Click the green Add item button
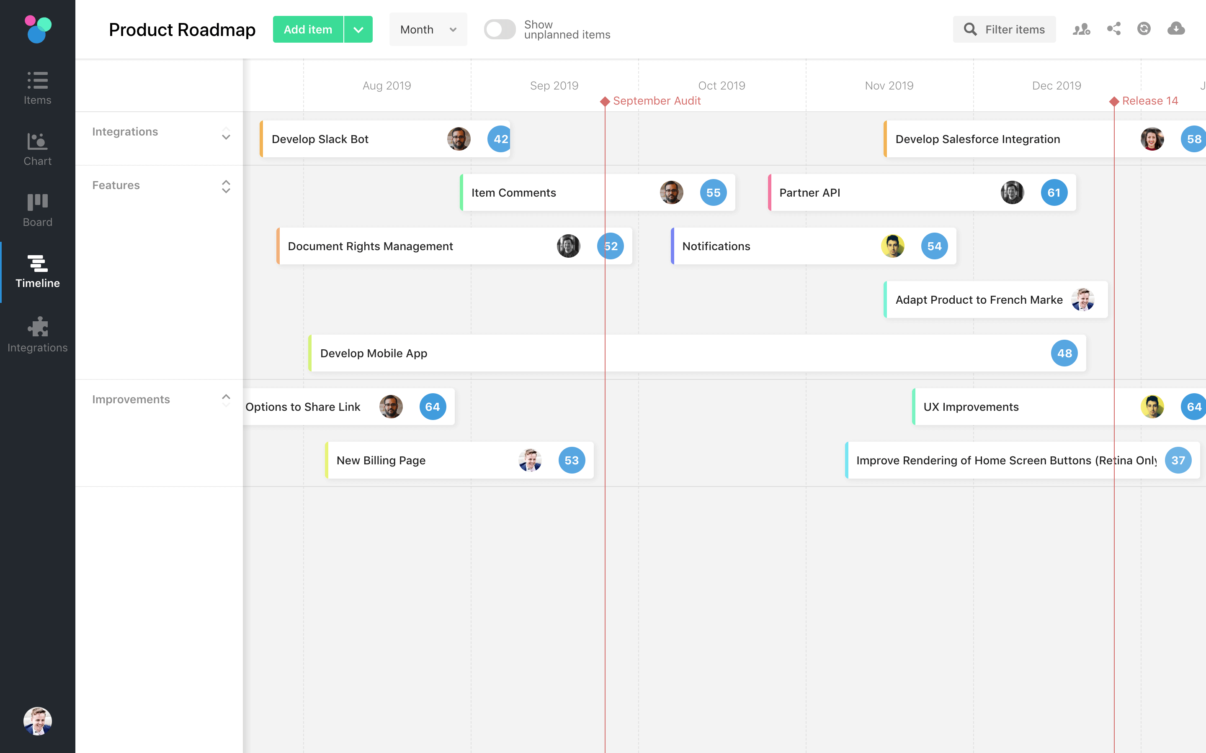[308, 29]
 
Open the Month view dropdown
[428, 29]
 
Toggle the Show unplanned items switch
[499, 29]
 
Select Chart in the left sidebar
[37, 149]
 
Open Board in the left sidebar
[37, 210]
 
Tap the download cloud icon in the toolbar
[1175, 29]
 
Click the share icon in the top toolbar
[1114, 29]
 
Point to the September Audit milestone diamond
[605, 102]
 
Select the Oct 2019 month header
[722, 86]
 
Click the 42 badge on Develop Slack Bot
[500, 139]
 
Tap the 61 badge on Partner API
[1054, 193]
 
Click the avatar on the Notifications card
[892, 246]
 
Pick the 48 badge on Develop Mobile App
[1064, 353]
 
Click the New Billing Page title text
[381, 460]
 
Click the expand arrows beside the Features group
[226, 186]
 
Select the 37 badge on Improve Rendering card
[1178, 460]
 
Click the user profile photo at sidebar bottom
[37, 721]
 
